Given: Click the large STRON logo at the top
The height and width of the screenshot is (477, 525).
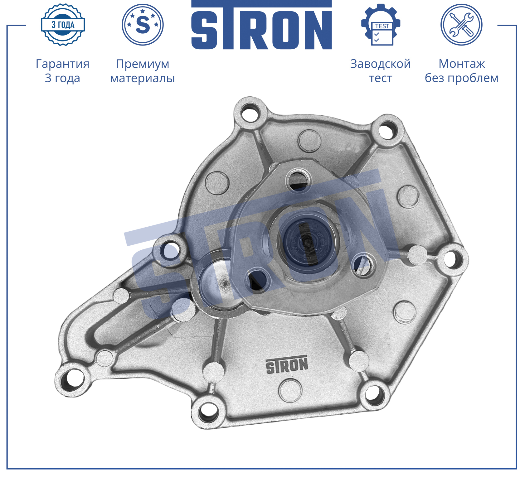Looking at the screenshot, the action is pos(261,25).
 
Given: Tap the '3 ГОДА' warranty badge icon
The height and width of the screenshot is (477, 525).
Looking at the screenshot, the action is pos(63,25).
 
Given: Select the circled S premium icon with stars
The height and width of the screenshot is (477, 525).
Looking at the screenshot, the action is pos(143,25).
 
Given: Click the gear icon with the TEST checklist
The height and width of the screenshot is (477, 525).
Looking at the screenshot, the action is pos(381,25).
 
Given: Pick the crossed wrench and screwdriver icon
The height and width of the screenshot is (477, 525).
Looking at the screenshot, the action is pos(461,25).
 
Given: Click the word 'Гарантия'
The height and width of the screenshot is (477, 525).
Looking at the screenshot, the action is pos(62,64).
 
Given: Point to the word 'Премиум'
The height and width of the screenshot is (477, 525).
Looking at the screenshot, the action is pos(143,64).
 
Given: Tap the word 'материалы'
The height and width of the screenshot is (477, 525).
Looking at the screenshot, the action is pos(143,78).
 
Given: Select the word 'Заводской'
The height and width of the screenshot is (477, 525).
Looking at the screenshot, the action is pos(381,64).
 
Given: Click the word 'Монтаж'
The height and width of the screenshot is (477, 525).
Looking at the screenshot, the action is pos(462,64).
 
